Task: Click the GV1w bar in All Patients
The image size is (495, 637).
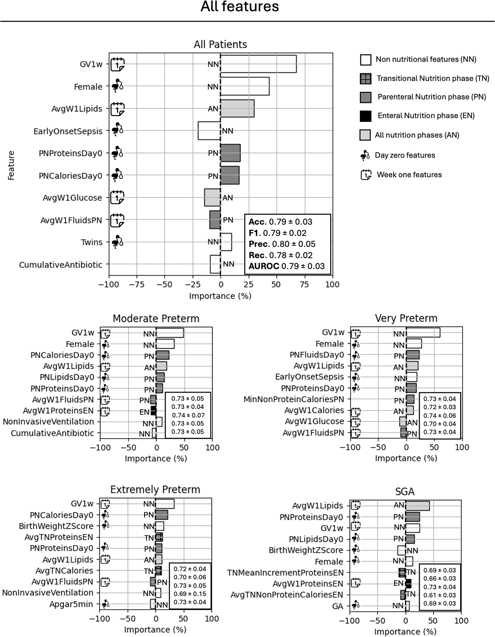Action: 258,64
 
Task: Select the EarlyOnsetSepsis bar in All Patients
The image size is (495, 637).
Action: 209,131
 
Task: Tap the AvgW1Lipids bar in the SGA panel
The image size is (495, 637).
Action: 417,506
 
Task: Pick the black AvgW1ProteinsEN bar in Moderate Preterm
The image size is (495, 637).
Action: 153,411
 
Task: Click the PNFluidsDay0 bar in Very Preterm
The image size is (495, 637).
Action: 413,355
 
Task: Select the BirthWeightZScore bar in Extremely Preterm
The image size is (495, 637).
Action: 160,526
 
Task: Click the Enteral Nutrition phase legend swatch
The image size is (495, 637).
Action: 365,116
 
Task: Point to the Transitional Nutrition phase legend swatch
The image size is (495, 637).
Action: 365,78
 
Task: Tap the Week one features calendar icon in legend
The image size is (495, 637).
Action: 366,175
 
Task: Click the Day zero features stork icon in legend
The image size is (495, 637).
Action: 365,155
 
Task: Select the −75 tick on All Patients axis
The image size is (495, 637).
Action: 136,284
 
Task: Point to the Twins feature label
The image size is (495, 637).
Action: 92,242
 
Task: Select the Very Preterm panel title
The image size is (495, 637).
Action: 406,318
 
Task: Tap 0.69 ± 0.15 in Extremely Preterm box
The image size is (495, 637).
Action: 190,593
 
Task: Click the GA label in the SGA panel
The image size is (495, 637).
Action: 337,606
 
